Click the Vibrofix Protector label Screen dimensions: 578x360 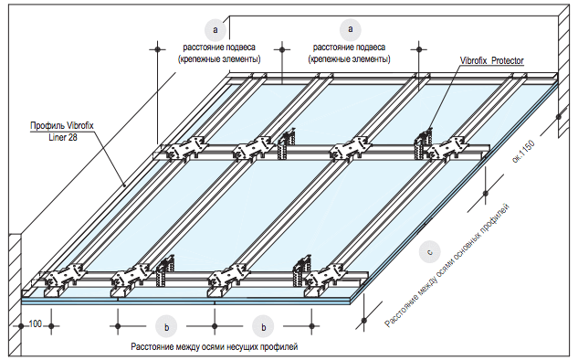point(492,60)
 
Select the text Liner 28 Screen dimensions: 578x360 point(63,138)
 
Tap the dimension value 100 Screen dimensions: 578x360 point(36,323)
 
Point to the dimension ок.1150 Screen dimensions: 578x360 point(523,152)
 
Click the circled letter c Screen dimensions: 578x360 point(429,252)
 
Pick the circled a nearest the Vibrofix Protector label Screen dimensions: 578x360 point(351,29)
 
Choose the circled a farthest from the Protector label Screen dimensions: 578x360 point(215,29)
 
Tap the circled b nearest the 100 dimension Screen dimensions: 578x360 point(166,327)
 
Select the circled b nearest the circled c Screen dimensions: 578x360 point(263,327)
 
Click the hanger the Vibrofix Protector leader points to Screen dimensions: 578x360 point(424,143)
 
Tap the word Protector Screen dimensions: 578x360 point(508,60)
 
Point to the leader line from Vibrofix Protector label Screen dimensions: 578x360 point(445,97)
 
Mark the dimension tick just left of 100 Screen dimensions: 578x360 point(21,326)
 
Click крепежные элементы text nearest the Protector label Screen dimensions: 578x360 point(349,59)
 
